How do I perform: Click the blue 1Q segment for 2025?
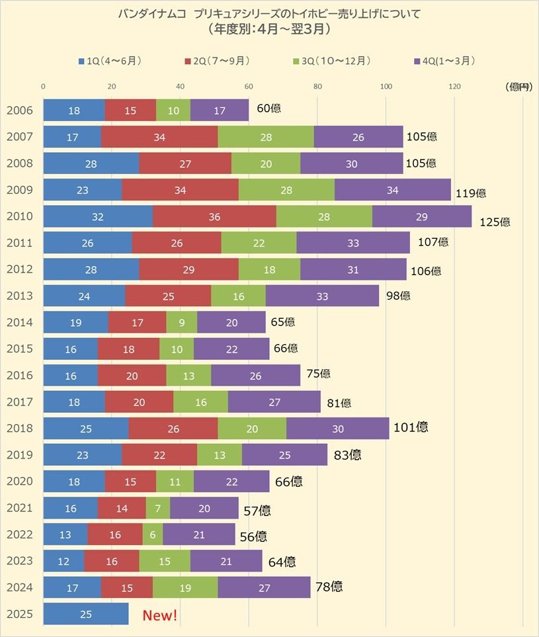pos(86,614)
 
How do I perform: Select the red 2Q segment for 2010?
pos(214,217)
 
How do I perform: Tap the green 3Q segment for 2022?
pos(153,534)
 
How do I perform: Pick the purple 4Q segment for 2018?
pos(337,429)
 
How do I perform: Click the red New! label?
pos(160,616)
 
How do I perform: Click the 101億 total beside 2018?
pos(411,427)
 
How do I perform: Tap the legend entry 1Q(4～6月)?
pos(110,61)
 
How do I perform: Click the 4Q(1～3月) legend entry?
pos(444,61)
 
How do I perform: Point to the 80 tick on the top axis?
pos(317,86)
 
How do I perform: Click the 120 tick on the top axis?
pos(454,86)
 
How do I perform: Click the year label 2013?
pos(20,296)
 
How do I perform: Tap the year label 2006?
pos(20,111)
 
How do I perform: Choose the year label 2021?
pos(20,508)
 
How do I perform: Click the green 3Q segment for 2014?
pos(182,323)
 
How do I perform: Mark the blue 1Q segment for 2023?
pos(63,561)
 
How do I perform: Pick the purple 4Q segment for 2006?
pos(220,111)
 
